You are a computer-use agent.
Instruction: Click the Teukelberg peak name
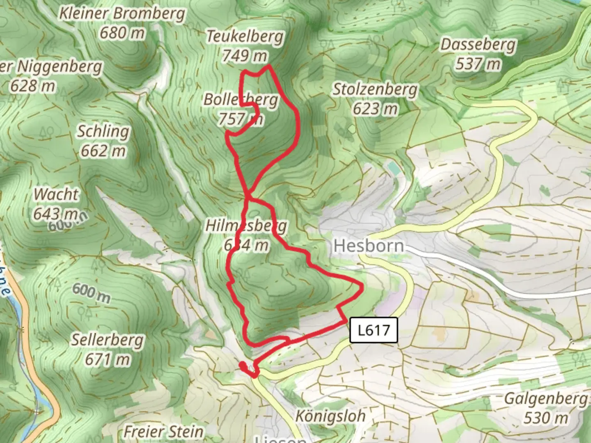point(245,37)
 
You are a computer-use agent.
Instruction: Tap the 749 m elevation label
point(245,55)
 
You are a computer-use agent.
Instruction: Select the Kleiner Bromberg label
point(122,14)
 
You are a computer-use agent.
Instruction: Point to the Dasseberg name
point(478,44)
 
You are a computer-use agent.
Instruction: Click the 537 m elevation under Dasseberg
point(478,64)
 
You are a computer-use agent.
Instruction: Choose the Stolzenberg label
point(375,89)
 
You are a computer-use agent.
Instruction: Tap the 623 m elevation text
point(375,109)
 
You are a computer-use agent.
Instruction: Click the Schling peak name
point(103,131)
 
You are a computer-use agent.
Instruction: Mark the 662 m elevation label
point(103,151)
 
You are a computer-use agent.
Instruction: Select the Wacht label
point(56,194)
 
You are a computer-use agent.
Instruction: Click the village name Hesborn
point(369,246)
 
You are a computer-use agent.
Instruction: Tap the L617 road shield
point(373,330)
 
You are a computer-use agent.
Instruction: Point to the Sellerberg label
point(108,340)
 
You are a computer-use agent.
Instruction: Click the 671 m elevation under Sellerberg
point(108,359)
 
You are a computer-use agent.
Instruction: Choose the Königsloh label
point(330,416)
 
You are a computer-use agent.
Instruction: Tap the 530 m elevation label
point(545,418)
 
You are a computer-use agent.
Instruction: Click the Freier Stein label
point(163,432)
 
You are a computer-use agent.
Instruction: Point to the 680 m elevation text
point(122,33)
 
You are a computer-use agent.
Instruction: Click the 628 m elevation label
point(32,86)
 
